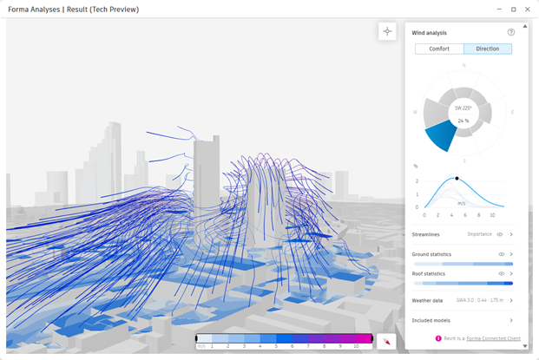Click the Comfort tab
(x=439, y=49)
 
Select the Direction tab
(x=488, y=49)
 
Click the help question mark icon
(x=511, y=33)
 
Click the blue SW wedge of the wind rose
(x=440, y=136)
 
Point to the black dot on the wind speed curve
(x=457, y=178)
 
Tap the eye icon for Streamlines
(x=501, y=234)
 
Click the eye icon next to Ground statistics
(x=502, y=254)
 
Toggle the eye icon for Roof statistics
(x=502, y=274)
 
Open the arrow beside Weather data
(x=511, y=300)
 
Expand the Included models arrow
(x=511, y=320)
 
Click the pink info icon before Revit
(x=438, y=338)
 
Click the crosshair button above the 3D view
(x=387, y=31)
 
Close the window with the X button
(x=528, y=9)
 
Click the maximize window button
(x=513, y=9)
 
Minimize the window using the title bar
(x=499, y=9)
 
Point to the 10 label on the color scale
(x=356, y=346)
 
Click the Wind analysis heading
(x=430, y=33)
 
